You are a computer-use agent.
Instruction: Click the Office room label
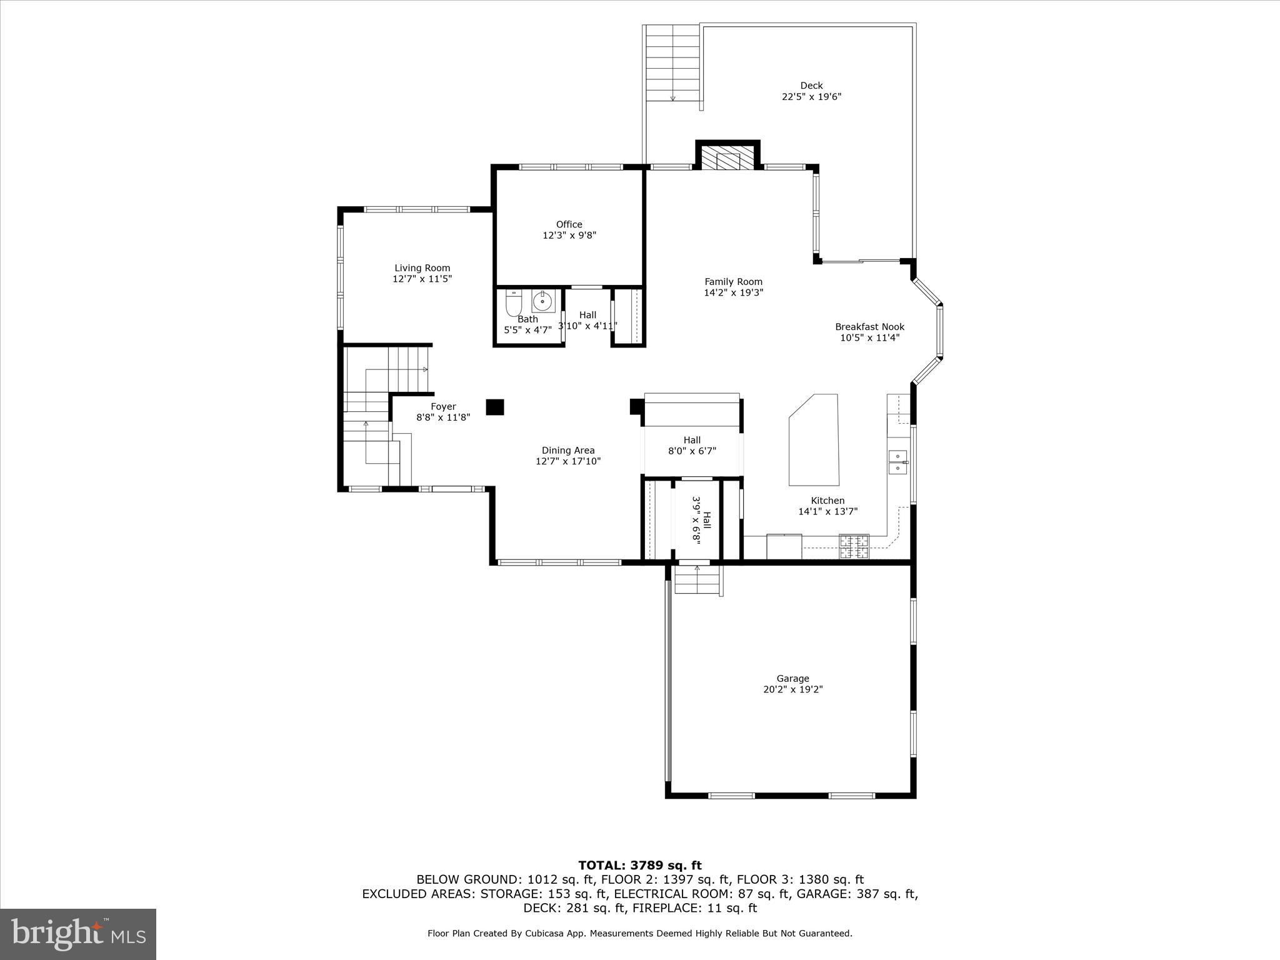[569, 224]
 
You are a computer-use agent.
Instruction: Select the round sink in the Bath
[542, 302]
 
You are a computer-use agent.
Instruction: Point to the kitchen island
[814, 440]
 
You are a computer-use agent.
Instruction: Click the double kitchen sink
[898, 461]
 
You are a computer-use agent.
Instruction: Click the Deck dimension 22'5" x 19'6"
[811, 97]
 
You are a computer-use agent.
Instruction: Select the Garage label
[792, 678]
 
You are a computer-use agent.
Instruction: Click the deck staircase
[672, 64]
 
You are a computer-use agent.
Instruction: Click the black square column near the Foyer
[495, 407]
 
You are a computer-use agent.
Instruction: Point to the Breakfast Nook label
[869, 327]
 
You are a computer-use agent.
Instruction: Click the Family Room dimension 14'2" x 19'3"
[733, 292]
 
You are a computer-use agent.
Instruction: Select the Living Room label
[422, 268]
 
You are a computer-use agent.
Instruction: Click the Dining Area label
[567, 450]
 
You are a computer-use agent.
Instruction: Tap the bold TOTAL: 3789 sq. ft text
[639, 865]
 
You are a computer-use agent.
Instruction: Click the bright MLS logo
[78, 934]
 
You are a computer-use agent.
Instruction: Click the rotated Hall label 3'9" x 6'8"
[701, 519]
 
